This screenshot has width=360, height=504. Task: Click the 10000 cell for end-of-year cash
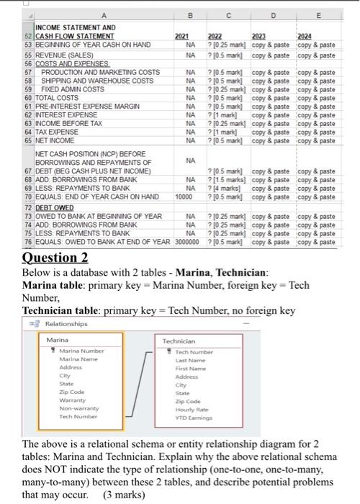click(x=183, y=197)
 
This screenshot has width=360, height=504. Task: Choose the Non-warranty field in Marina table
click(x=78, y=409)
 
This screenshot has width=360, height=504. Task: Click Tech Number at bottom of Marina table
click(x=78, y=417)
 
